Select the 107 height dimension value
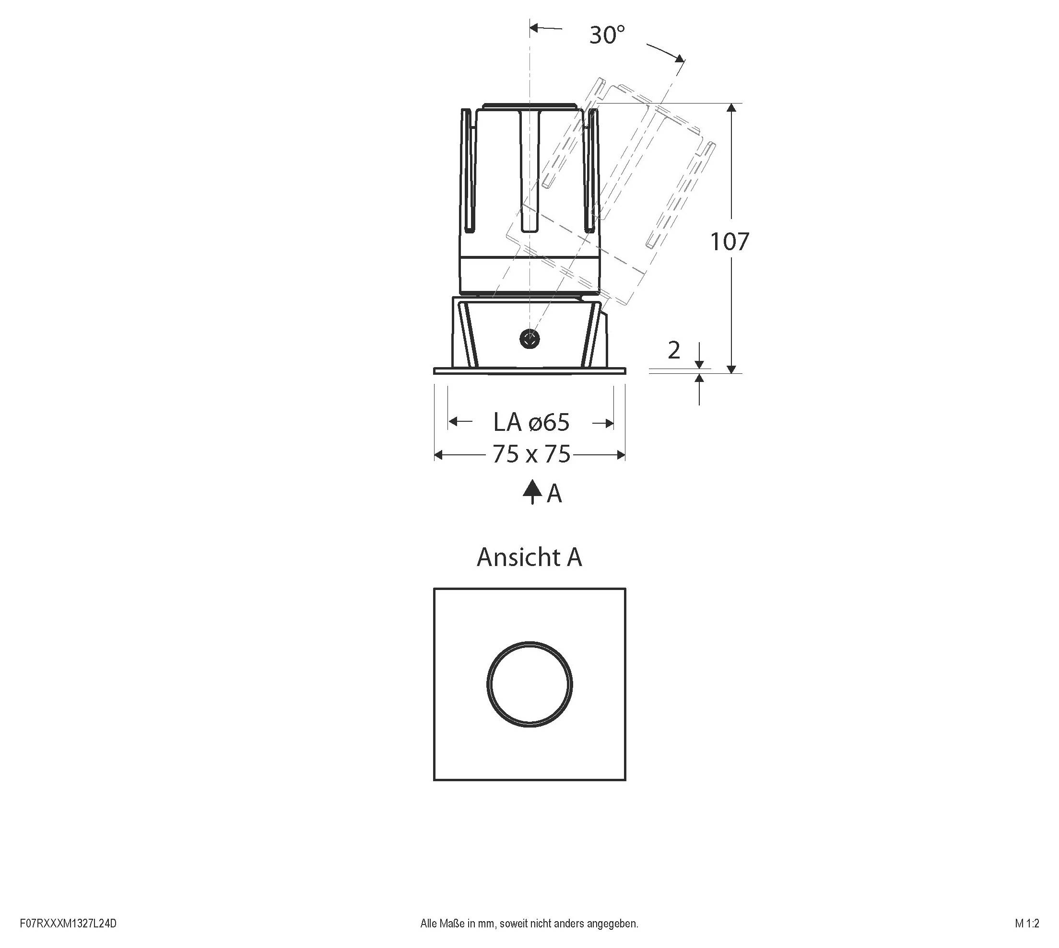point(730,242)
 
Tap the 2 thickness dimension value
point(673,350)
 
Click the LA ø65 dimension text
point(531,422)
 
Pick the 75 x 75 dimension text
point(531,454)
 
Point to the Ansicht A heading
point(529,557)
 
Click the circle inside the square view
point(529,684)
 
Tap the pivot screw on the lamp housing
point(529,339)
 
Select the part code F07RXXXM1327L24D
point(68,924)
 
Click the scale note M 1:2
point(1027,924)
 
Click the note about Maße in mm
point(529,924)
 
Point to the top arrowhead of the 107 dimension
point(731,108)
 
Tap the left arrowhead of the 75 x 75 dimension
point(439,455)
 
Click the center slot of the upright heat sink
point(530,172)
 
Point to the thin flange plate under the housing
point(529,371)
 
